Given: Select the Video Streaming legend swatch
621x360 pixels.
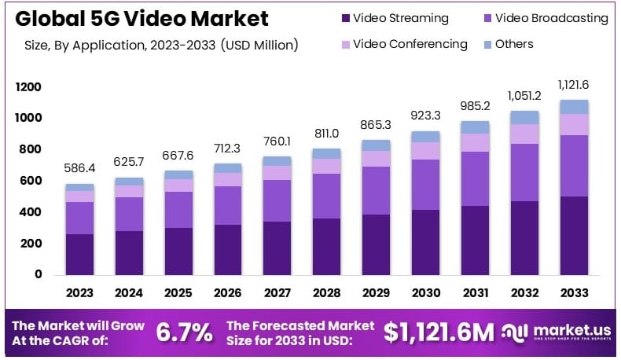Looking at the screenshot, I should tap(345, 18).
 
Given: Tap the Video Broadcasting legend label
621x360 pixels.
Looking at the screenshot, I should tap(555, 18).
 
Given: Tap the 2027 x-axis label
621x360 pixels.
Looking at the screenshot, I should tap(276, 293).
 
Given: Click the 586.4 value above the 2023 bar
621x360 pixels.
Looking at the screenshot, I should tap(80, 167).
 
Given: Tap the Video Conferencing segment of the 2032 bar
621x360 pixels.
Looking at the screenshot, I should tap(525, 134).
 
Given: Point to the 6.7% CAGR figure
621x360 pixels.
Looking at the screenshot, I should tap(186, 332).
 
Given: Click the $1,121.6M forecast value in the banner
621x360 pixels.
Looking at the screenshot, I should tap(439, 332).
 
